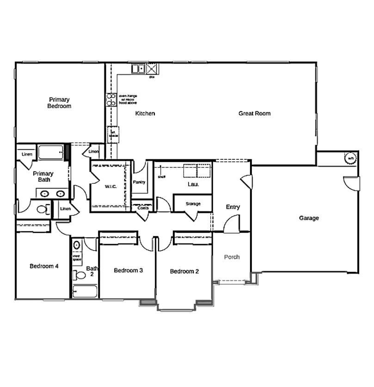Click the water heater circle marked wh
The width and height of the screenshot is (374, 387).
(351, 158)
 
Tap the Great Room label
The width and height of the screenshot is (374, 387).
(254, 113)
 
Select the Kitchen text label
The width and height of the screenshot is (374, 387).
(145, 113)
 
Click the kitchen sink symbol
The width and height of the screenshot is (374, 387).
(138, 69)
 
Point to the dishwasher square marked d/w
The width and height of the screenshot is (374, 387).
(152, 69)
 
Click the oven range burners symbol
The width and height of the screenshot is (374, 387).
(111, 99)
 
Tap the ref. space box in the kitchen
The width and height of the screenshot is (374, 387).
(113, 133)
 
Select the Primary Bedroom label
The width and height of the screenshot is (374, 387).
(59, 103)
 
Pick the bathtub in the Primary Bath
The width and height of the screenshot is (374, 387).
(50, 152)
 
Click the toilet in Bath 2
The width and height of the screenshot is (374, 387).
(80, 276)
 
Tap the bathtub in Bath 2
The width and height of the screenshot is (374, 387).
(85, 291)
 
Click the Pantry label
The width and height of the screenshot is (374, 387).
(139, 182)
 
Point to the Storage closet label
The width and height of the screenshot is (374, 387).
(193, 204)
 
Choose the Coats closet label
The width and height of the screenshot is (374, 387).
(143, 208)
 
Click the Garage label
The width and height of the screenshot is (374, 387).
(308, 218)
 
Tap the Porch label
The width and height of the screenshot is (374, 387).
(232, 257)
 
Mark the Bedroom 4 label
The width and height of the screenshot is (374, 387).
(44, 266)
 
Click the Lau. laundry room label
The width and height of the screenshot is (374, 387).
(193, 184)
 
